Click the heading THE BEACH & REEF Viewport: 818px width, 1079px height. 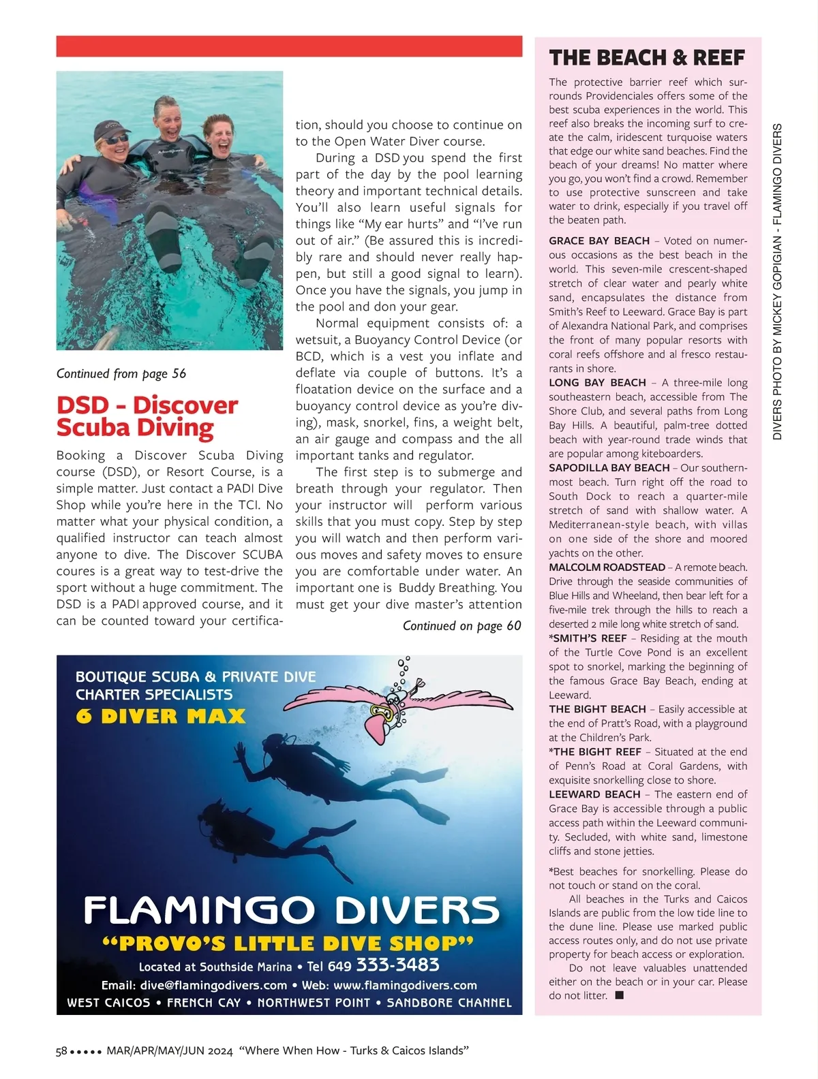point(647,58)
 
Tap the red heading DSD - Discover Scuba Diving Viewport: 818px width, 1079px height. point(147,416)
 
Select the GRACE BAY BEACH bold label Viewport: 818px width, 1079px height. point(599,240)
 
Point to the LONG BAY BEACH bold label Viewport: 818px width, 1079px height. point(597,383)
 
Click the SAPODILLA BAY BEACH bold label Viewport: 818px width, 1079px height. point(609,468)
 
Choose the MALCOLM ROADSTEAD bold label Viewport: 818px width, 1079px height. point(607,567)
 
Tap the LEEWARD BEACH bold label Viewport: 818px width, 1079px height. point(594,794)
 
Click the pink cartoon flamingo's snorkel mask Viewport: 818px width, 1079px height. point(380,712)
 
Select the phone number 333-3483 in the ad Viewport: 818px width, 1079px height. point(397,965)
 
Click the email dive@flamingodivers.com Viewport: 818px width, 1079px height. point(213,986)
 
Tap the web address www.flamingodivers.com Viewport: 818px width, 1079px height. point(405,986)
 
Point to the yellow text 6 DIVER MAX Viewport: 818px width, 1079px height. point(160,717)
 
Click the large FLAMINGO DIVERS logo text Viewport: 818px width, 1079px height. point(291,910)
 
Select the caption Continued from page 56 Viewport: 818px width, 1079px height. point(121,373)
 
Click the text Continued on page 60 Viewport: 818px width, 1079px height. point(461,626)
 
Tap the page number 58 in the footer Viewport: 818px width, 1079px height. point(61,1051)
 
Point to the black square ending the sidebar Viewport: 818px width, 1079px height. point(619,995)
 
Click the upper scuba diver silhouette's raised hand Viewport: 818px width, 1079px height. point(239,752)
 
